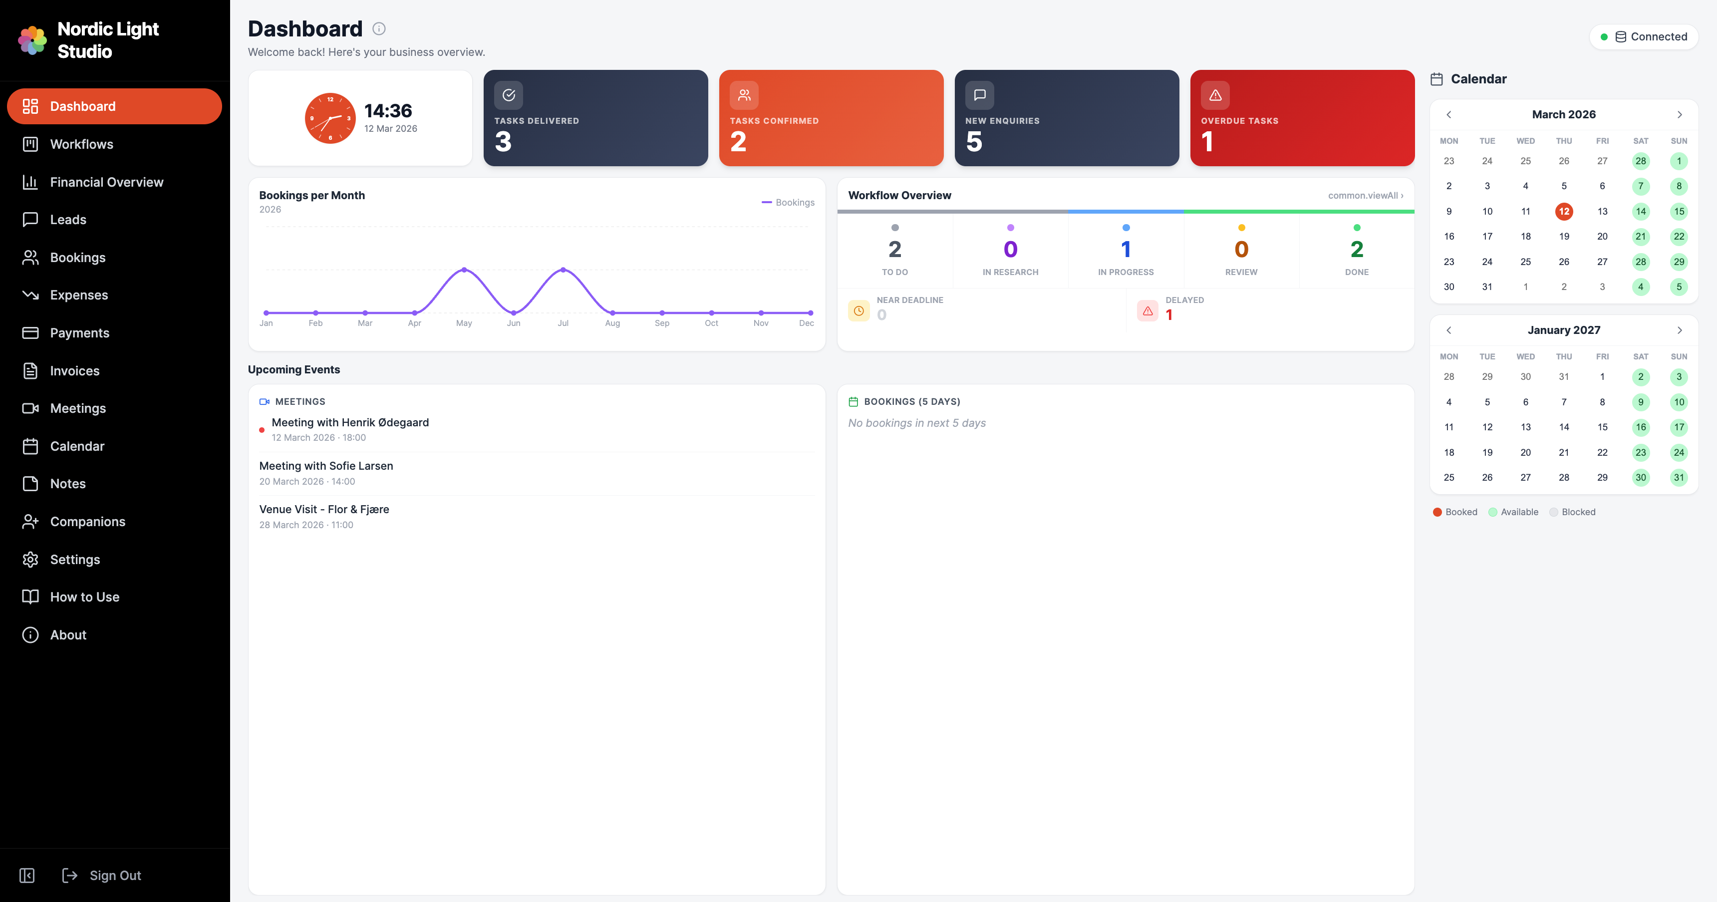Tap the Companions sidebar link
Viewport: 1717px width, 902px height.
point(87,521)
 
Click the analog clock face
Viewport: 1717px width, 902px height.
point(330,118)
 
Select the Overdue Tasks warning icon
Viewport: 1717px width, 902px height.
point(1215,95)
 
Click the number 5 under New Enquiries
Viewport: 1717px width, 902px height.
point(974,141)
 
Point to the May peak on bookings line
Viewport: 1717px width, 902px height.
point(464,270)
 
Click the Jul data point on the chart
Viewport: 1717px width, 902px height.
point(563,270)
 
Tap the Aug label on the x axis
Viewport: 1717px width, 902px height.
point(612,323)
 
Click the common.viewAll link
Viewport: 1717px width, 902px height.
point(1365,195)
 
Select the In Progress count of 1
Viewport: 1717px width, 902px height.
point(1126,249)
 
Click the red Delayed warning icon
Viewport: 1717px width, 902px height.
point(1147,310)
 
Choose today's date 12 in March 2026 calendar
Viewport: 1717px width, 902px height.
point(1564,211)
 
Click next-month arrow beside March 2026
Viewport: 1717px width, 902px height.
point(1679,115)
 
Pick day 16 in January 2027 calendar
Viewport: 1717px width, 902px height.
point(1640,427)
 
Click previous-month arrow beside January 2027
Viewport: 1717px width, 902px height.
point(1448,330)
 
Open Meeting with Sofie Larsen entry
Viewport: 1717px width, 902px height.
point(326,466)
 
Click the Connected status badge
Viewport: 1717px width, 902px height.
point(1644,36)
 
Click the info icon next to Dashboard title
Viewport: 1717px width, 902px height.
point(379,28)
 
